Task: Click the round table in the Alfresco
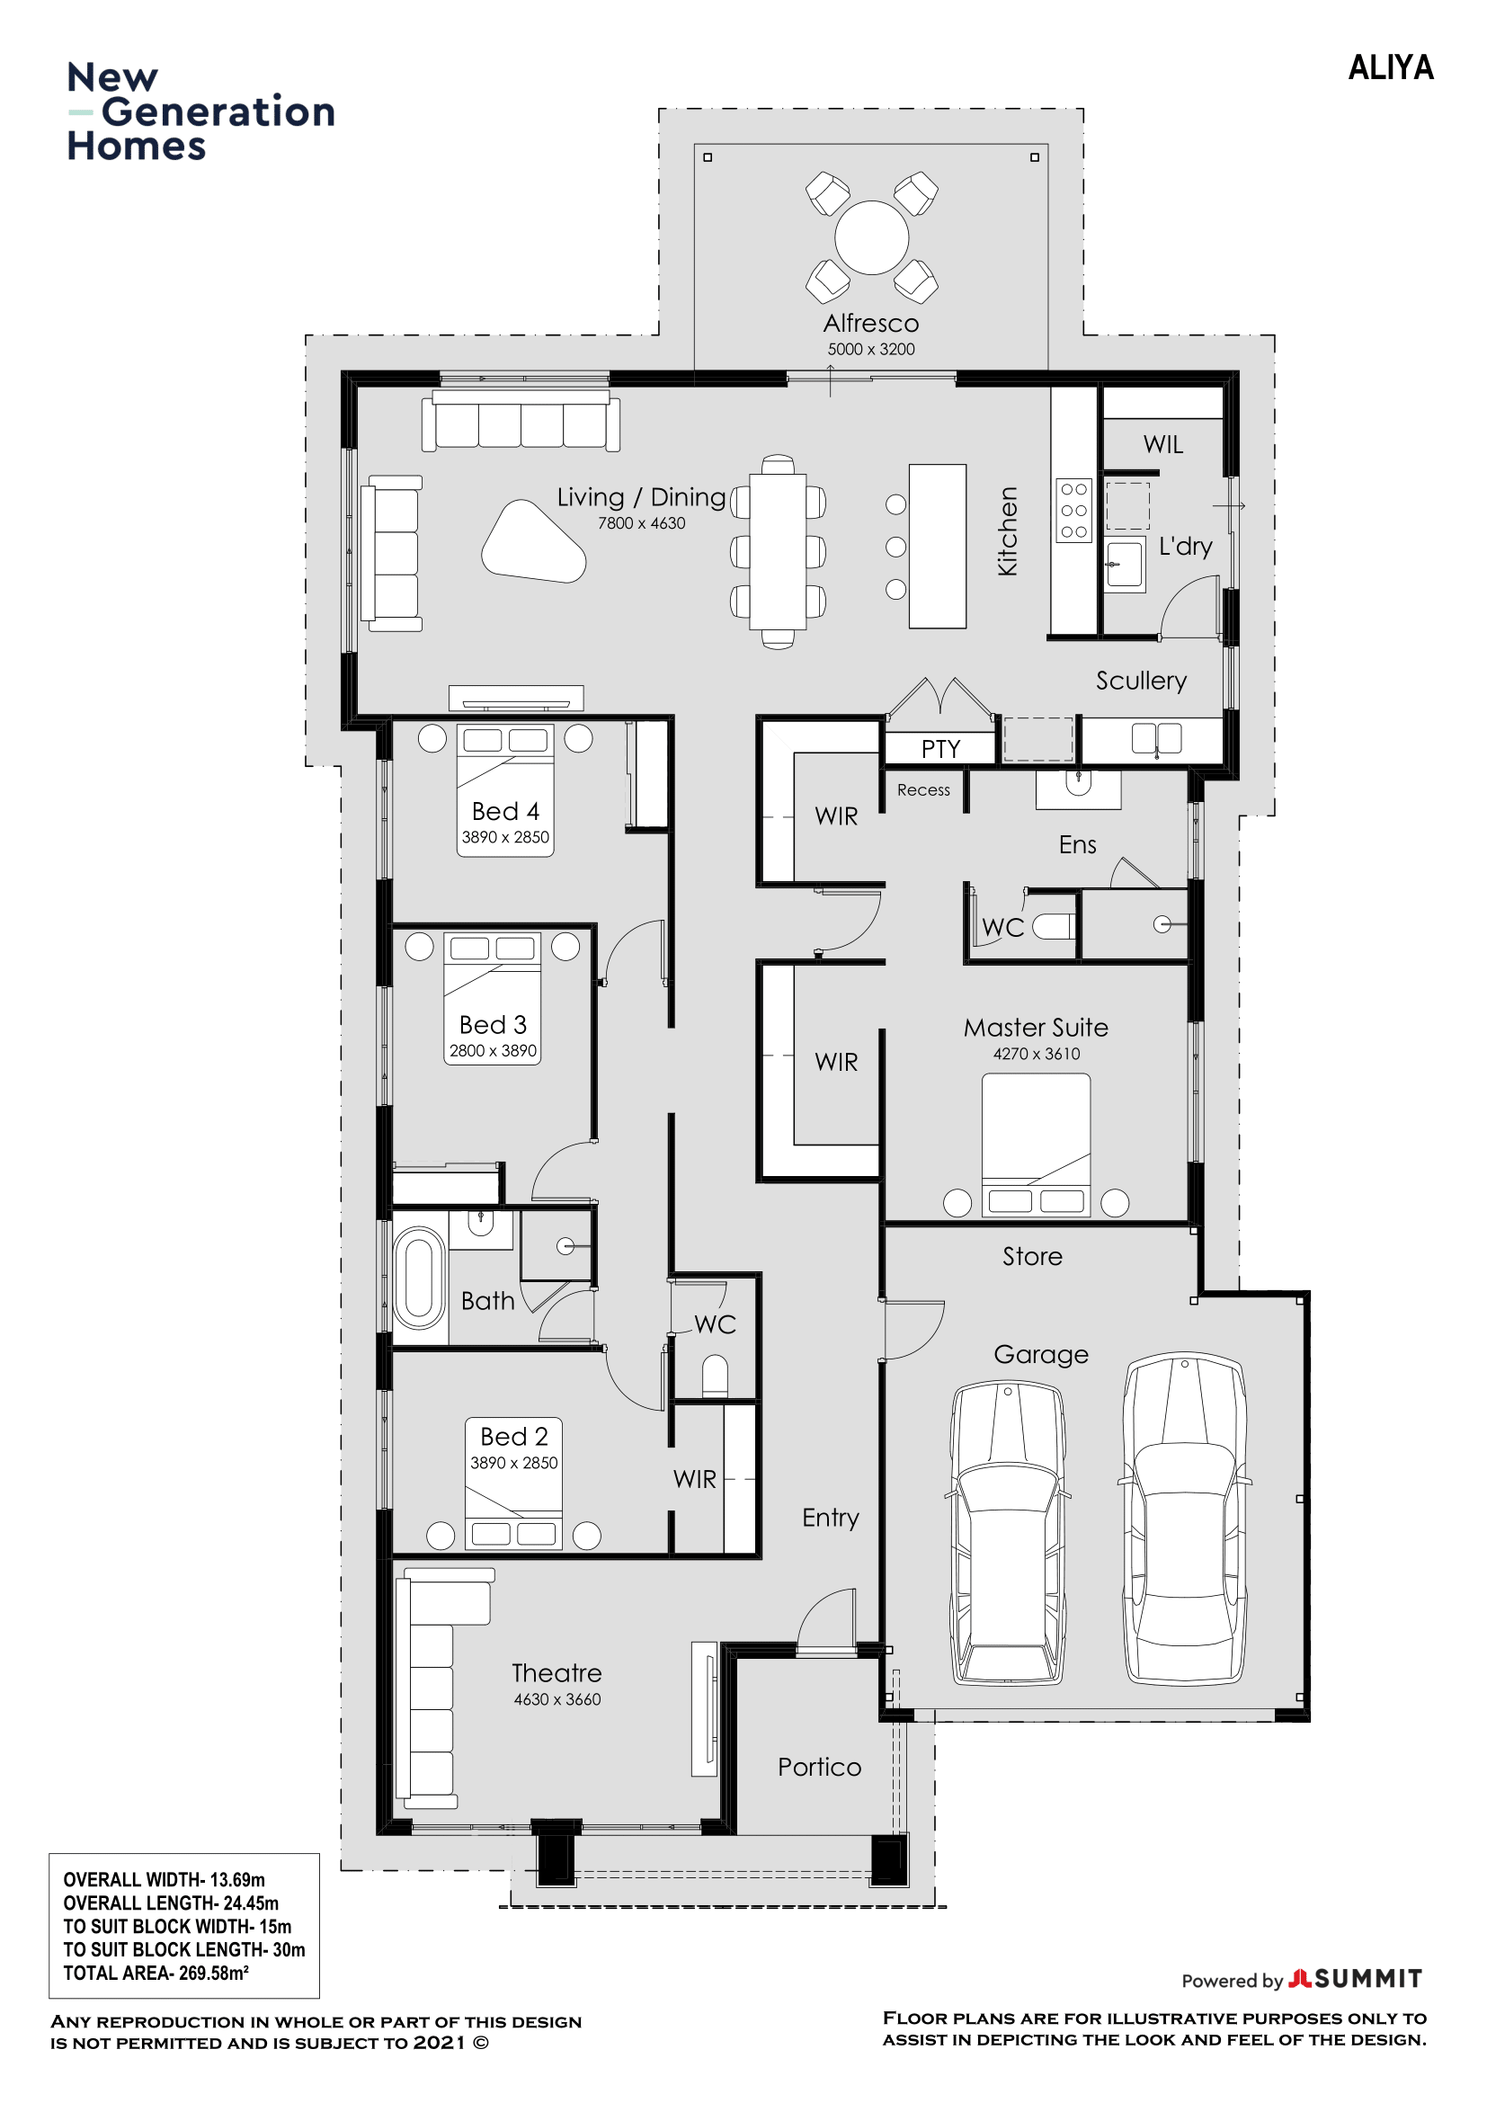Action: tap(871, 237)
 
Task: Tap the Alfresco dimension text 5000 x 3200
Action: tap(871, 349)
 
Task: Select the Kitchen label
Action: tap(1007, 531)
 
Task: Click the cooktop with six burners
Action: tap(1073, 510)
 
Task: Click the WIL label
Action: tap(1162, 444)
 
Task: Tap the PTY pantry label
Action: tap(940, 749)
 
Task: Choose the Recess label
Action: tap(923, 789)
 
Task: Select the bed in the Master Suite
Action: tap(1036, 1145)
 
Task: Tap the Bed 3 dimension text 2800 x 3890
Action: tap(493, 1050)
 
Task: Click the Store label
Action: tap(1032, 1256)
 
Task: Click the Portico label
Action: tap(820, 1767)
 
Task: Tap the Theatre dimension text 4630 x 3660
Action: tap(557, 1699)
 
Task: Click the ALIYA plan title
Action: tap(1390, 67)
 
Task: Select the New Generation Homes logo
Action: tap(200, 111)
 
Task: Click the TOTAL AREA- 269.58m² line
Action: tap(156, 1973)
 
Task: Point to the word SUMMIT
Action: tap(1368, 1978)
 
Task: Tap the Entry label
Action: tap(831, 1518)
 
